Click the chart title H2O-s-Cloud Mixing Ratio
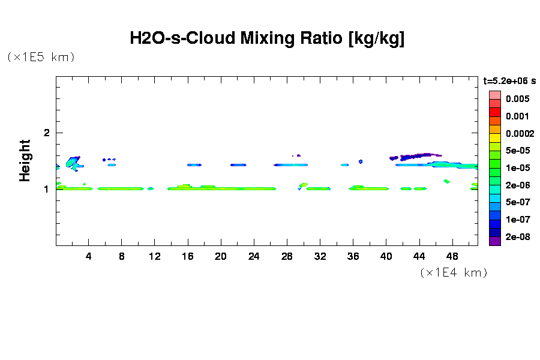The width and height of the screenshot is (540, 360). [x=267, y=39]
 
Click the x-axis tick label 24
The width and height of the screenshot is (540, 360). [x=254, y=257]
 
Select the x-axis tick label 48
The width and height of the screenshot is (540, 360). [x=452, y=257]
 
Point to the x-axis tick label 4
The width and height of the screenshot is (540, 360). [x=89, y=257]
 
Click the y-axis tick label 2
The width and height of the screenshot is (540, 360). [x=47, y=133]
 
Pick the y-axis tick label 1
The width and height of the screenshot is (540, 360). [x=47, y=189]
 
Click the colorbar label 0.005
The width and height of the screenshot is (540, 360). [x=517, y=99]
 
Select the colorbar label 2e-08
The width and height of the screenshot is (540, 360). [x=517, y=237]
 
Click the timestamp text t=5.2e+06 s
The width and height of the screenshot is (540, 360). [x=509, y=80]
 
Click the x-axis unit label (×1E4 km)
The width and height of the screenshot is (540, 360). [x=453, y=272]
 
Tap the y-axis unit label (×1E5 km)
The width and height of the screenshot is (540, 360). [x=41, y=57]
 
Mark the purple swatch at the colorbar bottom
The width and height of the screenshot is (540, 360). [x=494, y=241]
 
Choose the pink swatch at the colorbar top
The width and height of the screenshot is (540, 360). [x=494, y=95]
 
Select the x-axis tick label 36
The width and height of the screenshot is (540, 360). [x=353, y=257]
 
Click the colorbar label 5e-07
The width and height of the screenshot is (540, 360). [x=517, y=202]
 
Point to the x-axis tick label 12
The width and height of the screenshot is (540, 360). [x=155, y=257]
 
